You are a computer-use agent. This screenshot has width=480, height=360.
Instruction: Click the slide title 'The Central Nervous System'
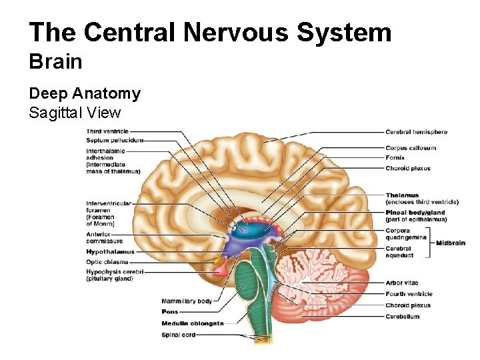(210, 32)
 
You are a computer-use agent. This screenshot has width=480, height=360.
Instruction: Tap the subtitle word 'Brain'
(56, 63)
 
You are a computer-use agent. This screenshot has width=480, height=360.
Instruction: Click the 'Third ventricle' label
(107, 132)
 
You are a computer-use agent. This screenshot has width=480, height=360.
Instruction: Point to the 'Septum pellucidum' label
(114, 141)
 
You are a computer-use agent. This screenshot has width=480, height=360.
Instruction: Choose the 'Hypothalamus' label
(110, 252)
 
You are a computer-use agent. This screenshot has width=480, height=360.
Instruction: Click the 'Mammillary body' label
(187, 301)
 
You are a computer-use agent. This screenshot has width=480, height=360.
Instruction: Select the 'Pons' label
(170, 311)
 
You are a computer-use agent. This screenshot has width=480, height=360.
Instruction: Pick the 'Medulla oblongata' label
(193, 323)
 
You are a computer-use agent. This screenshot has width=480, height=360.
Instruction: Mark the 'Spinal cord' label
(179, 335)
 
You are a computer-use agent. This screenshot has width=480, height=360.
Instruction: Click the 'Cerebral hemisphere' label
(416, 132)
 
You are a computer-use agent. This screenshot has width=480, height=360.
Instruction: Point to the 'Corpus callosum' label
(411, 148)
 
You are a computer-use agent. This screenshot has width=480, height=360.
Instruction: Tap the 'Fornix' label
(395, 158)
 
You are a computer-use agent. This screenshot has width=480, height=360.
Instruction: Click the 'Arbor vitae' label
(401, 283)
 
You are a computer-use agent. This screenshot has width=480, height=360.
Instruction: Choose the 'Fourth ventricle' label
(409, 294)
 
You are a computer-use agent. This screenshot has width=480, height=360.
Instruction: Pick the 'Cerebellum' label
(402, 317)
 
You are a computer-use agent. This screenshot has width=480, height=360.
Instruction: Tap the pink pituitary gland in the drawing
(221, 270)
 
